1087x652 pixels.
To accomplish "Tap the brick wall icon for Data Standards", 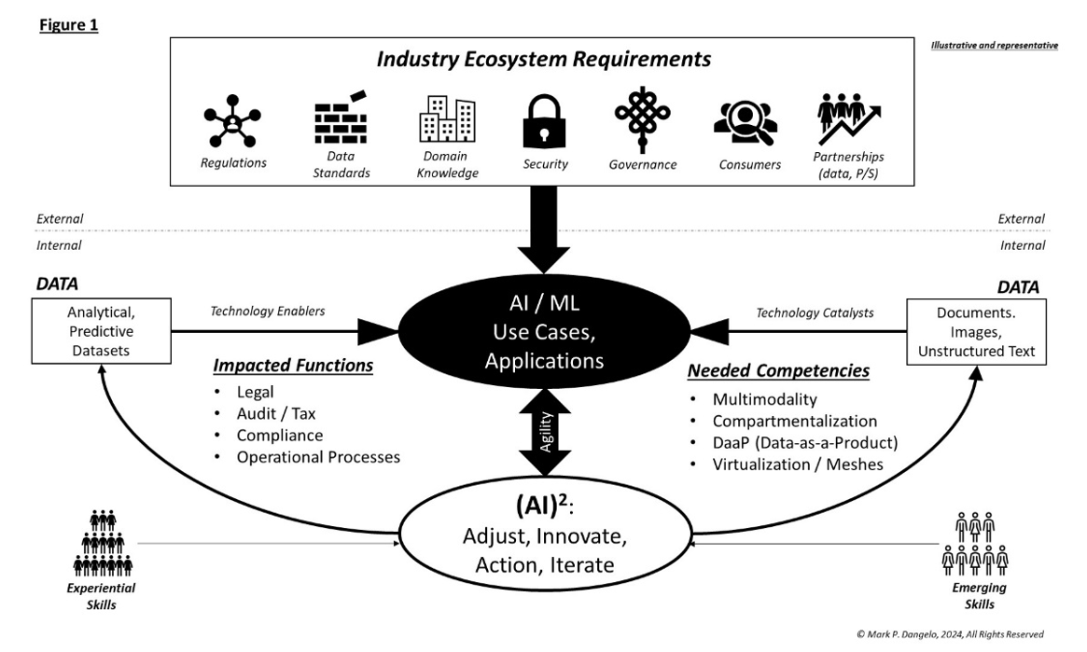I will pos(341,118).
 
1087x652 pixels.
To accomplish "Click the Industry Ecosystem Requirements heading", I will pos(543,60).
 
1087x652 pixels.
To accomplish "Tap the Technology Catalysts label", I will pos(815,312).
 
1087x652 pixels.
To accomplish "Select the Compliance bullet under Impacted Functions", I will pos(279,436).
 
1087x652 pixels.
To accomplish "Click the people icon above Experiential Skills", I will pos(102,543).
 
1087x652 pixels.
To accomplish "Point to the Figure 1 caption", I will pos(69,25).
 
